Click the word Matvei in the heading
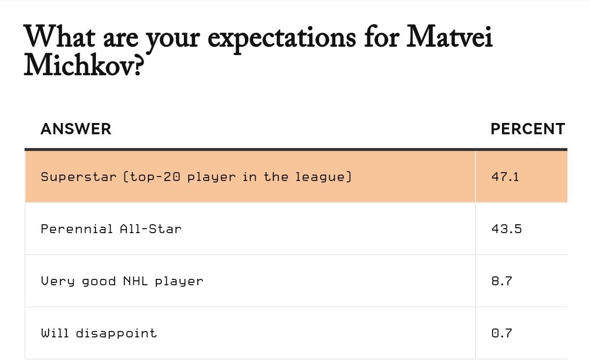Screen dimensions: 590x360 point(449,36)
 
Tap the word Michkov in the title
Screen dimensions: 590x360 point(80,64)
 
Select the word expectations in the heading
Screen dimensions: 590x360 point(282,39)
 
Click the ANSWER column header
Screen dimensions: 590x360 point(76,129)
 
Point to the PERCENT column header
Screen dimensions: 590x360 point(528,129)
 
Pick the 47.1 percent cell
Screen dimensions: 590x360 point(505,177)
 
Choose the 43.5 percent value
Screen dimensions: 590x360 point(506,229)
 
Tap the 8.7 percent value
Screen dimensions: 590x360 point(502,281)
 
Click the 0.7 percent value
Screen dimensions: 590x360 point(502,333)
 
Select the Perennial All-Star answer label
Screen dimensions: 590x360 point(111,229)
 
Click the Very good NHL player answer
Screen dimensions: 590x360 point(122,281)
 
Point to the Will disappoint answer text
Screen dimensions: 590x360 point(99,333)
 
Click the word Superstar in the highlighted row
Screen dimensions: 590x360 point(79,177)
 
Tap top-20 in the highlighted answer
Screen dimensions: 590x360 point(155,177)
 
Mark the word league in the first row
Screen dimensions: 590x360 point(320,177)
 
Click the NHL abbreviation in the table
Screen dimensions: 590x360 point(135,281)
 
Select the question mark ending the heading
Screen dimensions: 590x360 point(139,66)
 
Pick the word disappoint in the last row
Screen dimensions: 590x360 point(117,333)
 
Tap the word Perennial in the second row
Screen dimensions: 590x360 point(77,229)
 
